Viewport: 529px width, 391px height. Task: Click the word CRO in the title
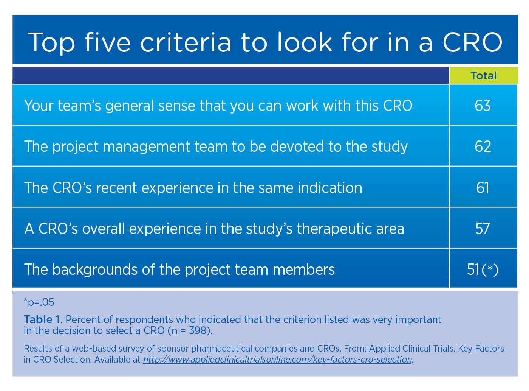472,42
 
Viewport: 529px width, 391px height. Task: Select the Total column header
483,76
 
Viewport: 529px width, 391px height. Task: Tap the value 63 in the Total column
483,106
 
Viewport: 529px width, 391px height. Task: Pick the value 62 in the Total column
483,146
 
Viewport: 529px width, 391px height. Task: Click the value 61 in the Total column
483,188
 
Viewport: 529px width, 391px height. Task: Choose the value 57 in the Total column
483,229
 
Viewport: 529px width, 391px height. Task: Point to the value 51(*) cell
483,269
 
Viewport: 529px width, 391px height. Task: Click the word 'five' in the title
107,42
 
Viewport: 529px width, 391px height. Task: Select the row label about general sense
218,106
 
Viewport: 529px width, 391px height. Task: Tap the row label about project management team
216,146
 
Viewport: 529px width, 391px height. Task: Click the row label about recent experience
193,188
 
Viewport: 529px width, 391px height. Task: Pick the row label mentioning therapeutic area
214,229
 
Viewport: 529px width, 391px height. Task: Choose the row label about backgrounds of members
179,269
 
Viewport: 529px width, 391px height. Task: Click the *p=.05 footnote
39,302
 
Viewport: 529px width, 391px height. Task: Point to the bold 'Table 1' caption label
42,319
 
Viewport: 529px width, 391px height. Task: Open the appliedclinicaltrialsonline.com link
277,360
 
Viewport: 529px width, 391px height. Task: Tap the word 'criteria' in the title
186,42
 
